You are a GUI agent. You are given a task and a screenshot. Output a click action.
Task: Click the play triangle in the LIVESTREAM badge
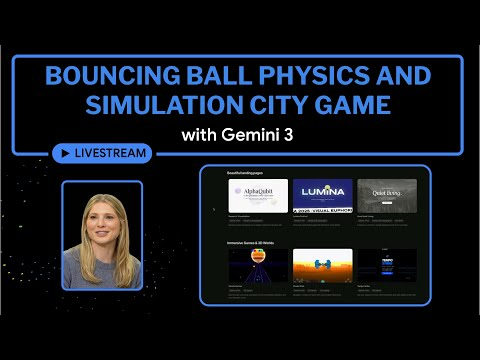[x=66, y=154]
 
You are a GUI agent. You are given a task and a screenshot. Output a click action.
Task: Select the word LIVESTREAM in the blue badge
[x=111, y=154]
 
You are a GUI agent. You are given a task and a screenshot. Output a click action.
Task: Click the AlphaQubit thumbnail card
[x=258, y=195]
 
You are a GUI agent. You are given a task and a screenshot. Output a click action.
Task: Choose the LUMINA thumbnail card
[x=322, y=195]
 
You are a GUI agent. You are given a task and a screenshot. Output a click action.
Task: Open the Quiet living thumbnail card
[x=386, y=195]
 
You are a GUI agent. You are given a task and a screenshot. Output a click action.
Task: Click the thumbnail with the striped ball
[x=258, y=264]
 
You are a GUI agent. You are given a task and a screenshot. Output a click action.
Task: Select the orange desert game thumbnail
[x=322, y=264]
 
